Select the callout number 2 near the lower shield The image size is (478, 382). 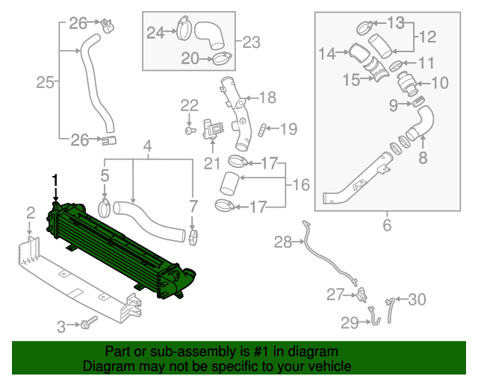click(30, 214)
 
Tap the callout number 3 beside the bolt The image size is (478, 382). click(63, 325)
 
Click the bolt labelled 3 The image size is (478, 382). click(90, 324)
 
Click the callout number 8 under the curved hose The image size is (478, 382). click(423, 157)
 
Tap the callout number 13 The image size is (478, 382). click(416, 22)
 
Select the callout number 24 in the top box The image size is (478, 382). click(155, 32)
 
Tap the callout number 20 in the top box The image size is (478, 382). click(190, 57)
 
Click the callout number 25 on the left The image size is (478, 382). click(45, 82)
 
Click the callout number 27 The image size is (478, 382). click(335, 295)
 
